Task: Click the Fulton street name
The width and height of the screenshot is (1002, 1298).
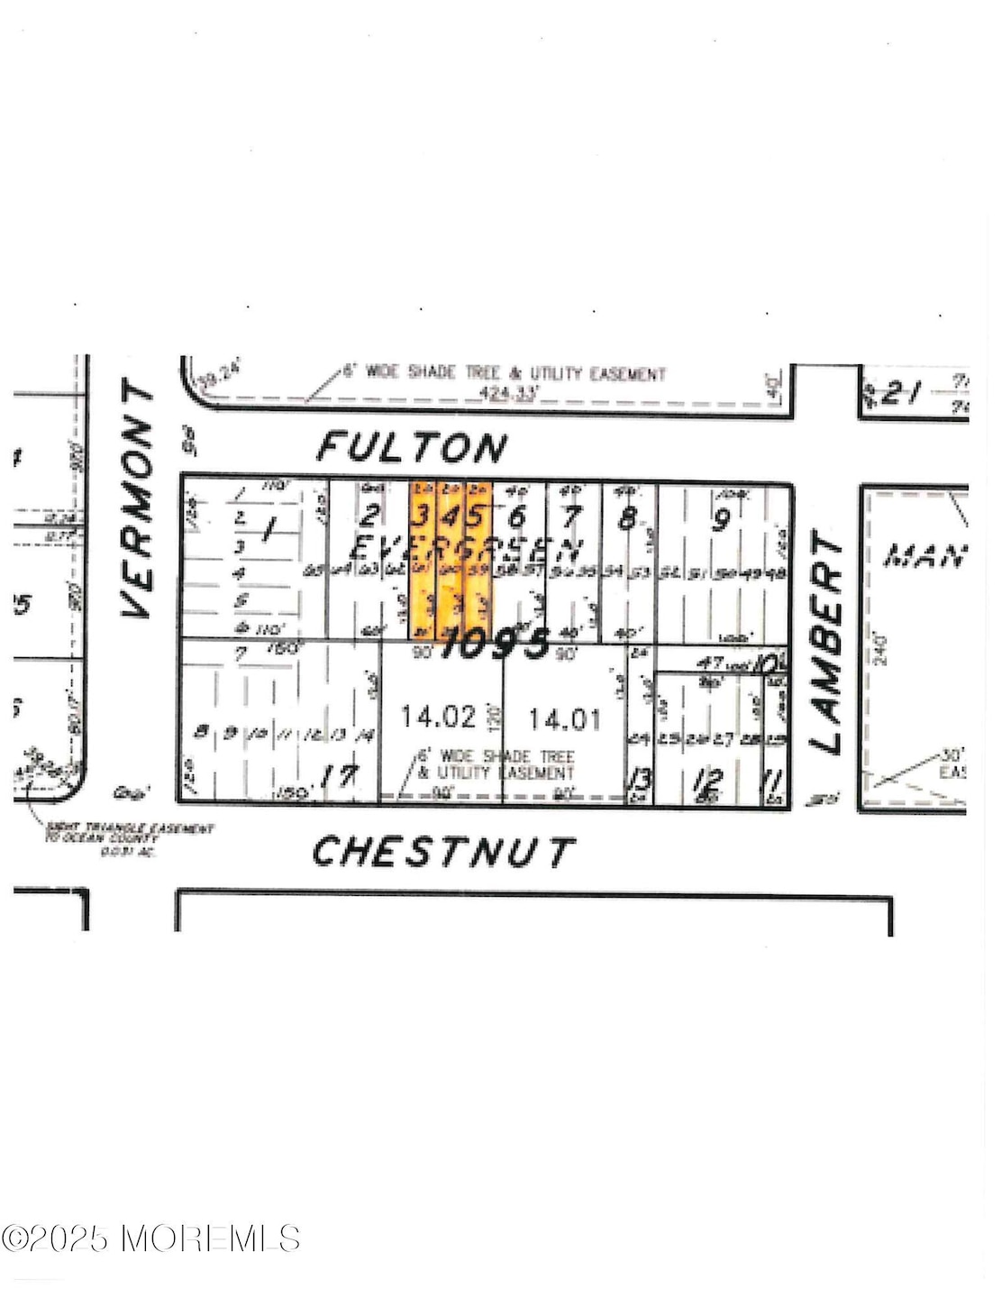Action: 413,448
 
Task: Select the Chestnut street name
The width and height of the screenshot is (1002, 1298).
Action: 443,852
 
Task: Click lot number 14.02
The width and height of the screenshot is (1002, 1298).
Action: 438,717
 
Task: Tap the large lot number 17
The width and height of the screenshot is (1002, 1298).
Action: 342,775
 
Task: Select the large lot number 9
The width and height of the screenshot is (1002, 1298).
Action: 720,521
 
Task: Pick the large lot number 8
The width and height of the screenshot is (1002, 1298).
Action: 628,518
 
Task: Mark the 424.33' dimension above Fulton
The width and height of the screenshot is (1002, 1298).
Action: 506,393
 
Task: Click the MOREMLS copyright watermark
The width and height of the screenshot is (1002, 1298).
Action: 150,1238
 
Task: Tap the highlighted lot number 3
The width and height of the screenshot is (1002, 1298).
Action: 420,516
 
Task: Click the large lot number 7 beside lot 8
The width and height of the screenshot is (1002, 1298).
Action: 571,517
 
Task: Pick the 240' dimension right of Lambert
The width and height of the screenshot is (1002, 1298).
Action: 880,650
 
